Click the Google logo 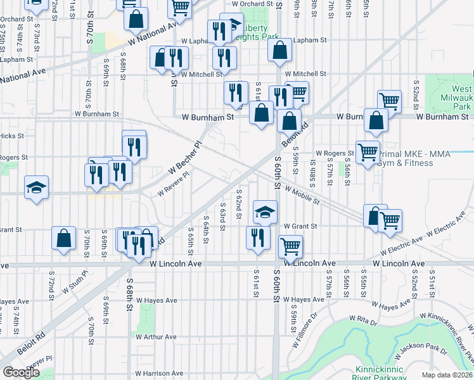tap(22, 372)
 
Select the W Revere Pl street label tap(173, 184)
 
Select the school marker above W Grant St tap(266, 211)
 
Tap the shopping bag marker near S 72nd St tap(64, 239)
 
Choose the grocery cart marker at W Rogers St tap(368, 152)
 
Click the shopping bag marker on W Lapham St tap(279, 50)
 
